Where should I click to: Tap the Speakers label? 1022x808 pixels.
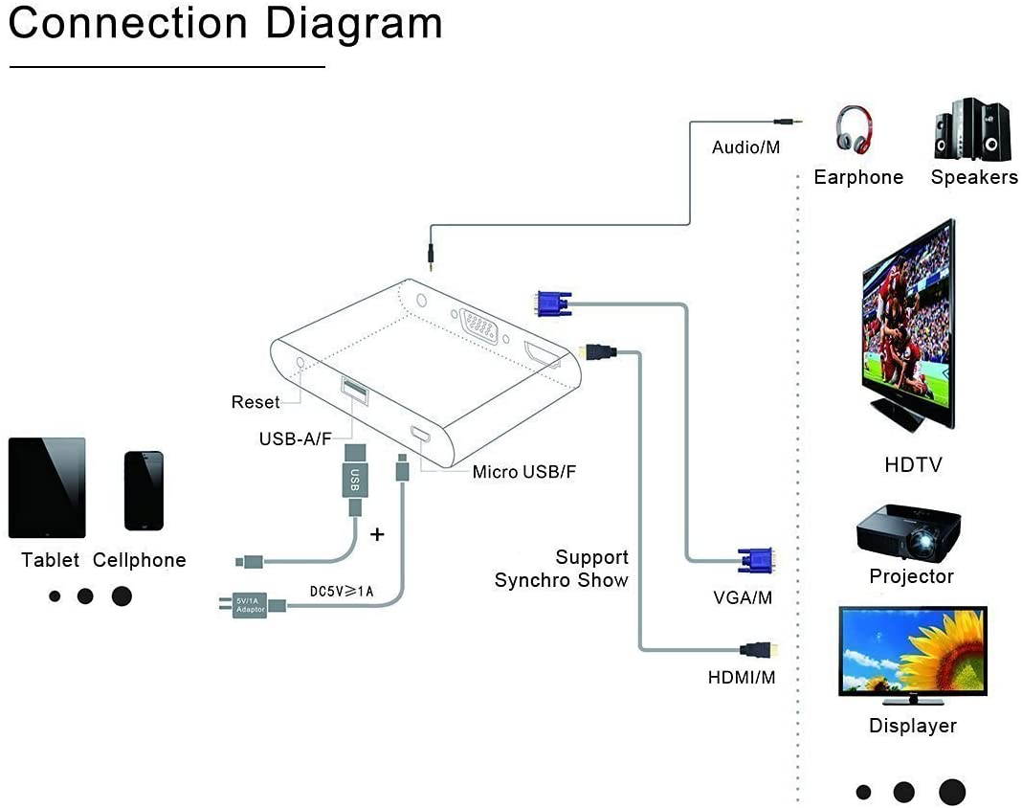point(974,177)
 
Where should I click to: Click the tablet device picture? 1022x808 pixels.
point(47,487)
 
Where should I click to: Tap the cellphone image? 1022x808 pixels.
point(144,490)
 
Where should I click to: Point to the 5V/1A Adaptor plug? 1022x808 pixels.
point(251,605)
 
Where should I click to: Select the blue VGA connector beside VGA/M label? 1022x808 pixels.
point(755,561)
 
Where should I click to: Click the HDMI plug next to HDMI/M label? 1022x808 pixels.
point(758,649)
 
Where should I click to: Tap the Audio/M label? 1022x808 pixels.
point(746,147)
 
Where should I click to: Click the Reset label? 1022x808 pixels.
point(255,402)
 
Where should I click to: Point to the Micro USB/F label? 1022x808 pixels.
point(524,472)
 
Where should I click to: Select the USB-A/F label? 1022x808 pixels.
point(295,438)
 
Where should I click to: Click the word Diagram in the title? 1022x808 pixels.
point(354,24)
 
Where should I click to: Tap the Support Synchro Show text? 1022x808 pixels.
point(562,569)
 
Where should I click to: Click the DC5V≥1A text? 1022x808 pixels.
point(342,592)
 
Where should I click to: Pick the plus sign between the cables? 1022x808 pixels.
point(377,534)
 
